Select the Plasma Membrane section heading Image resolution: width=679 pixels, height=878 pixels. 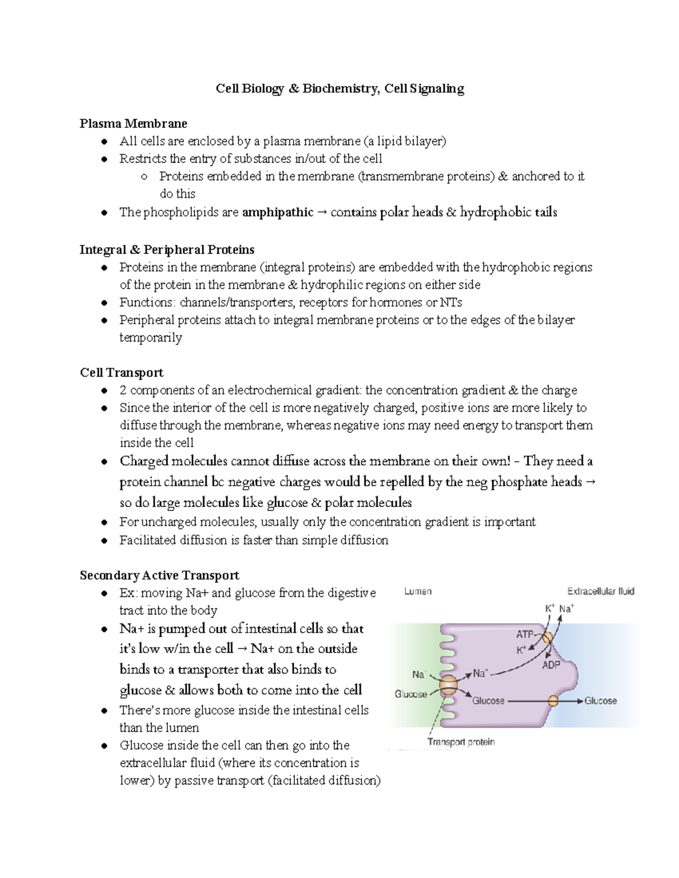(133, 123)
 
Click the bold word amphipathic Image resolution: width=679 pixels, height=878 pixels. (277, 213)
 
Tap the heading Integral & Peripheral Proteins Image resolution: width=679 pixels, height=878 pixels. (167, 250)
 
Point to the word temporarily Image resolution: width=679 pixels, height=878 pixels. (151, 338)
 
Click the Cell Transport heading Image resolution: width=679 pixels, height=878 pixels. (122, 373)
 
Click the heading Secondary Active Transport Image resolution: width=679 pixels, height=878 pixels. (160, 576)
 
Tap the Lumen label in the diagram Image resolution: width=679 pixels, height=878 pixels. (418, 591)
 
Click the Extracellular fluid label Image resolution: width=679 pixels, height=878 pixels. (600, 591)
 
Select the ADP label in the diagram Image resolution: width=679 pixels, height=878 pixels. (551, 665)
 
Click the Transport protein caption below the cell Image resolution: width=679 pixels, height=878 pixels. (461, 742)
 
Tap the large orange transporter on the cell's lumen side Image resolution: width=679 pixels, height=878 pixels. (447, 685)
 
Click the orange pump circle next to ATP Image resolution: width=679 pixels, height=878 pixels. (547, 638)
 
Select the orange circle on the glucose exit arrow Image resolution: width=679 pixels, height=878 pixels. (553, 701)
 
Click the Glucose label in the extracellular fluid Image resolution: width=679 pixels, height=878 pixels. (600, 701)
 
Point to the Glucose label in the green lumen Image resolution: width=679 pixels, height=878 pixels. (411, 694)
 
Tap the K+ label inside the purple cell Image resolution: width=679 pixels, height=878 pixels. (521, 650)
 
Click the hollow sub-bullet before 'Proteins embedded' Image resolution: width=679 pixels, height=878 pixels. (144, 177)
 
